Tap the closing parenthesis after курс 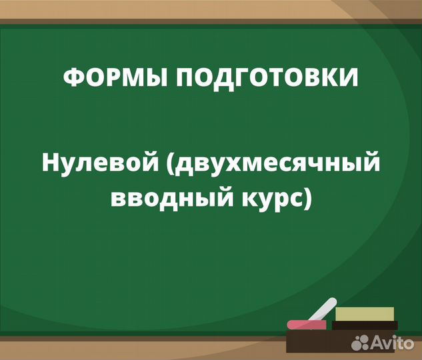point(307,199)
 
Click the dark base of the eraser point(364,325)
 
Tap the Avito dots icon point(361,343)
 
